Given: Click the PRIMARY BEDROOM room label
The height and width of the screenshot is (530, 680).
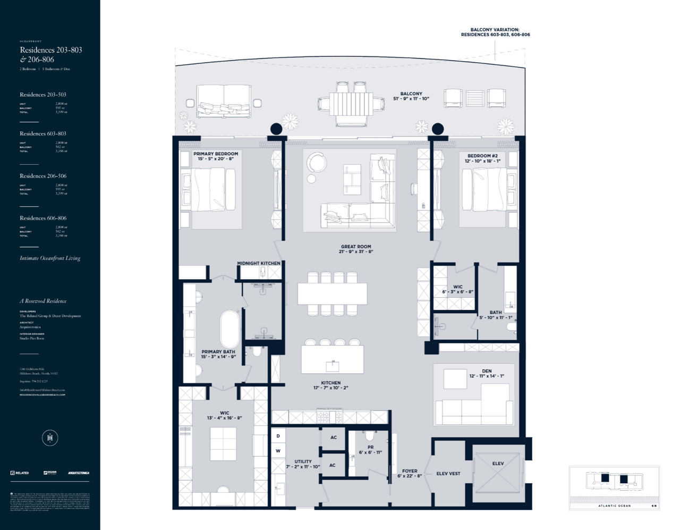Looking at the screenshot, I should click(x=216, y=156).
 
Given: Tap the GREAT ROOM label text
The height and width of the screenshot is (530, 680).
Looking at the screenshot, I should click(x=356, y=249).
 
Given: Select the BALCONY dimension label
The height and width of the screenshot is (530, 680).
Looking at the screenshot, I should click(x=411, y=96).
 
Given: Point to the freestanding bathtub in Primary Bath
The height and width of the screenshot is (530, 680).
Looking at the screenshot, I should click(x=230, y=329).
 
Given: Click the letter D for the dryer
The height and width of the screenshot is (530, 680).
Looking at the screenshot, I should click(x=278, y=436).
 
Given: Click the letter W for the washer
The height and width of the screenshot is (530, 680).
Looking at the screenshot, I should click(x=278, y=451).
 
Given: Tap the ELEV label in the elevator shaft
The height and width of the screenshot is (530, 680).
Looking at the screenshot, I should click(x=498, y=464).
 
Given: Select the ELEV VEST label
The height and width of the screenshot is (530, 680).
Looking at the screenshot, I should click(x=448, y=474).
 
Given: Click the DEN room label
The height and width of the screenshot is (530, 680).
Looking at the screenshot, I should click(x=487, y=373).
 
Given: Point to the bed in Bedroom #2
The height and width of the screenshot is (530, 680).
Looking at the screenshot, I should click(x=488, y=189).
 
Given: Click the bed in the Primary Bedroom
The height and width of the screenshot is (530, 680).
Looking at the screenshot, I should click(x=209, y=190).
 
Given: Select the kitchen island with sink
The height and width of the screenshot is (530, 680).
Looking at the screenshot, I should click(x=333, y=359).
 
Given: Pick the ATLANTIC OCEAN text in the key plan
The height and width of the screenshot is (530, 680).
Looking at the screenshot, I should click(x=614, y=506).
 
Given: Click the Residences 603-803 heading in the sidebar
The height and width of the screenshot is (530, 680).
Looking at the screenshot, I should click(x=43, y=134).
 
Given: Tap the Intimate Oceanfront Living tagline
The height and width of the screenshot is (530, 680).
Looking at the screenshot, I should click(x=50, y=258).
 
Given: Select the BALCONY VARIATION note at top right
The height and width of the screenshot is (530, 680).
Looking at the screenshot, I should click(x=495, y=32).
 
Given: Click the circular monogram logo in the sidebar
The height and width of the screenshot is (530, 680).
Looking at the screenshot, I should click(x=50, y=438).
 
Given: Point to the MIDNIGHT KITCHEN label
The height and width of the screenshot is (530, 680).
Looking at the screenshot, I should click(x=259, y=263).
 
